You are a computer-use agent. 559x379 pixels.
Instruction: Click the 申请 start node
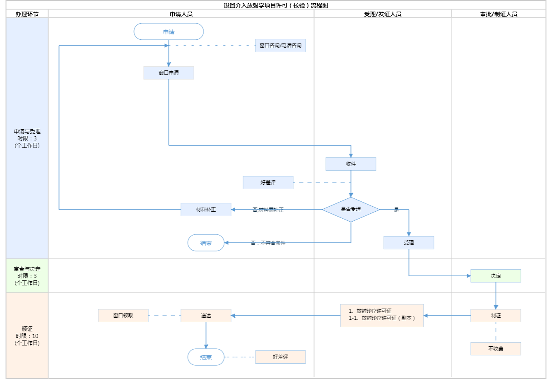(x=169, y=31)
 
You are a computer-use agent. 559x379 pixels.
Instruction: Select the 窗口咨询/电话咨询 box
(x=280, y=46)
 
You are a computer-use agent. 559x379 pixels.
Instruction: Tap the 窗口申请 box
(x=169, y=73)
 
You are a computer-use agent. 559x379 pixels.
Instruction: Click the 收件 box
(x=351, y=164)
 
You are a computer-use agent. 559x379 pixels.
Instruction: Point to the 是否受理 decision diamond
(x=351, y=210)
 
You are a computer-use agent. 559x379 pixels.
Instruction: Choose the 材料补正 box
(x=206, y=210)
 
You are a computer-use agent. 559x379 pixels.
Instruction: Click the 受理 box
(x=409, y=243)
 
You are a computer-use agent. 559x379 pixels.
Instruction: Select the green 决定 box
(x=496, y=276)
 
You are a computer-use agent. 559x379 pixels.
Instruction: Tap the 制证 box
(x=496, y=316)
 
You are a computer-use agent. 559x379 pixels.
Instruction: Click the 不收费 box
(x=496, y=349)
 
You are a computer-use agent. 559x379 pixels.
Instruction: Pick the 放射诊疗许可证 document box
(x=382, y=316)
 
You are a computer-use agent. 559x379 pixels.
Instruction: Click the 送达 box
(x=206, y=316)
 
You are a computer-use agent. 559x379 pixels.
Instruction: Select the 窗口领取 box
(x=123, y=316)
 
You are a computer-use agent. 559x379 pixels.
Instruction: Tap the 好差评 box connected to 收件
(x=268, y=183)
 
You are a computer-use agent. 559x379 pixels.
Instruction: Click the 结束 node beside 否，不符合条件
(x=206, y=243)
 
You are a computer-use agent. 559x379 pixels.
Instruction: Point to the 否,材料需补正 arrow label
(x=268, y=210)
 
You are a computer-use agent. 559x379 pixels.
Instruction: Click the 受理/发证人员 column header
(x=383, y=14)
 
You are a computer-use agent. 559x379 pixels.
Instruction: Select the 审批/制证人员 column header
(x=499, y=14)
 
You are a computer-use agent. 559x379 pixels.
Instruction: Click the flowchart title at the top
(x=276, y=5)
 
